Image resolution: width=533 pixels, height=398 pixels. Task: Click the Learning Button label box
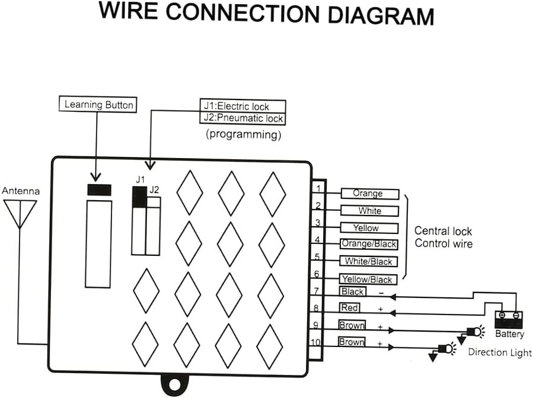(99, 105)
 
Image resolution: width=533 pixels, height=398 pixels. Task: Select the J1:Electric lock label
(243, 107)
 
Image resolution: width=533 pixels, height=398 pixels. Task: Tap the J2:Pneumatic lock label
(243, 118)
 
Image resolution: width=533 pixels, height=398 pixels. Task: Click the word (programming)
(243, 134)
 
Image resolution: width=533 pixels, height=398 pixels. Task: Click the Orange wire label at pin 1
(368, 194)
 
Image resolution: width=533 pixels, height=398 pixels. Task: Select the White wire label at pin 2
(369, 211)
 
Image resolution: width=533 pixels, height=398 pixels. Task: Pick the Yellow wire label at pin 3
(366, 228)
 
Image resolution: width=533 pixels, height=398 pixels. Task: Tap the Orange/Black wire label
(369, 244)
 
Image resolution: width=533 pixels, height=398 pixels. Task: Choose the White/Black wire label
(369, 261)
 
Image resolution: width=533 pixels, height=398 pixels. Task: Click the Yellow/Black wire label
(366, 279)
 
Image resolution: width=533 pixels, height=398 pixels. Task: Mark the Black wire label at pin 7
(352, 291)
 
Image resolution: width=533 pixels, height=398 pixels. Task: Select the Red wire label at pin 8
(349, 308)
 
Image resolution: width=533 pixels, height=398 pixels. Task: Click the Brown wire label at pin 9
(352, 325)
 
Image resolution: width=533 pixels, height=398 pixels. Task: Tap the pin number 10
(316, 342)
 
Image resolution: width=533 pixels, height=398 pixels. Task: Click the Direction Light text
(500, 352)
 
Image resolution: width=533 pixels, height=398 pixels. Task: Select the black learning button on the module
(99, 190)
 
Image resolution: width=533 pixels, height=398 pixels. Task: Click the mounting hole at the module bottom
(173, 385)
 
